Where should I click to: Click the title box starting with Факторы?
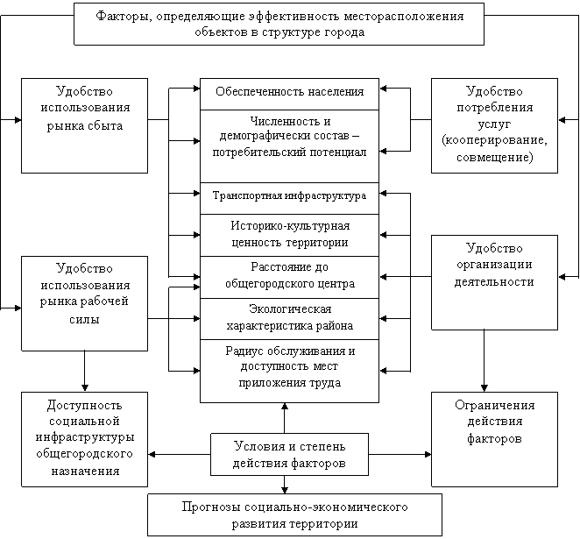pyautogui.click(x=279, y=24)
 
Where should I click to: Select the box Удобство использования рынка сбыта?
pyautogui.click(x=84, y=125)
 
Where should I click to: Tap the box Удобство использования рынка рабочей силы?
pyautogui.click(x=84, y=303)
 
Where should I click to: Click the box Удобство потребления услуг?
pyautogui.click(x=494, y=125)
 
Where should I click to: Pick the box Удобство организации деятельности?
pyautogui.click(x=494, y=282)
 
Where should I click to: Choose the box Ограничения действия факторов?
pyautogui.click(x=494, y=439)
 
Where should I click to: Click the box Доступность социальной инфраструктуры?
pyautogui.click(x=84, y=439)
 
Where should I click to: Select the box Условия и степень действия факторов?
pyautogui.click(x=289, y=454)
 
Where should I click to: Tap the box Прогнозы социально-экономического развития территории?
pyautogui.click(x=294, y=515)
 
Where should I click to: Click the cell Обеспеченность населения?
pyautogui.click(x=290, y=94)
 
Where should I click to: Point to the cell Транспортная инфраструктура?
pyautogui.click(x=290, y=198)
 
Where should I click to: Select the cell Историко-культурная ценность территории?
pyautogui.click(x=290, y=235)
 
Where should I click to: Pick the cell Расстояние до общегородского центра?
pyautogui.click(x=290, y=278)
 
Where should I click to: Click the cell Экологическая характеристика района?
pyautogui.click(x=290, y=319)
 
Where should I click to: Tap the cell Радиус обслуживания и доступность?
pyautogui.click(x=290, y=371)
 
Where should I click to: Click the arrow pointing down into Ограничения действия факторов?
pyautogui.click(x=484, y=361)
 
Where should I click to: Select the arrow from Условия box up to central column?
pyautogui.click(x=285, y=418)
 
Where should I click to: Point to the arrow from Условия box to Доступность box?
pyautogui.click(x=180, y=454)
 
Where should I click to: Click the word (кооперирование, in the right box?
pyautogui.click(x=494, y=140)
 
